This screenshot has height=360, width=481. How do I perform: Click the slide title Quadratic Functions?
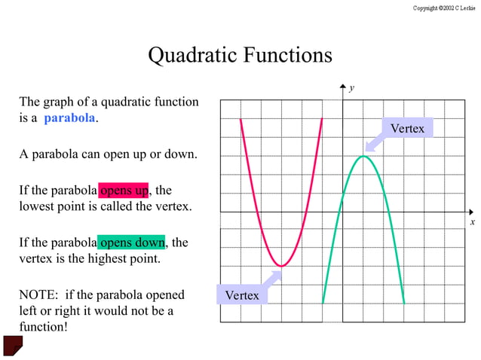(240, 55)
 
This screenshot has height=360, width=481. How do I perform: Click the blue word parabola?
(69, 118)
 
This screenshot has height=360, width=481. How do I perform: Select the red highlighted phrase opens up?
(124, 190)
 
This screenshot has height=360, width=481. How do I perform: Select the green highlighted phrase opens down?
(131, 243)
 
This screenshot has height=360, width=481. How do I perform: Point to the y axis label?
(351, 88)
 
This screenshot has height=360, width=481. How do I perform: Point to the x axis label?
(472, 221)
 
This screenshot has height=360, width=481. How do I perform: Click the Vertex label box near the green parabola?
(407, 129)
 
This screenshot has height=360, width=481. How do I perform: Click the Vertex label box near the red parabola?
(241, 295)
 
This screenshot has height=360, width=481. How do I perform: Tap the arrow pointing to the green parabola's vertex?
(374, 143)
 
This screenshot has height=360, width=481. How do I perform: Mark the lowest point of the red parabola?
(281, 266)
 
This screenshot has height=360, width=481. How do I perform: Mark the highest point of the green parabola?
(363, 155)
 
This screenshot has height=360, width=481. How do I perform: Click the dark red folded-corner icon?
(13, 345)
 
